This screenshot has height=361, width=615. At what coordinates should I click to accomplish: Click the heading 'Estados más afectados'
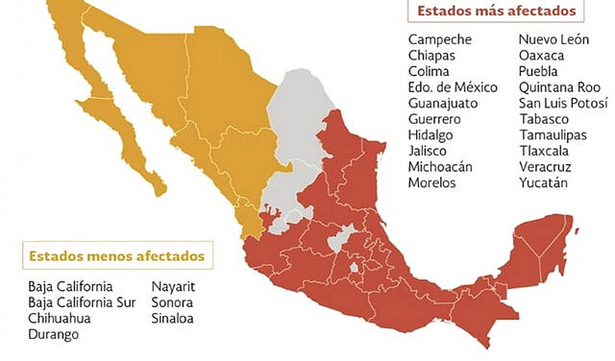point(496,12)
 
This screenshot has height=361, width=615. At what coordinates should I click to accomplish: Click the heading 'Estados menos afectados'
point(116,256)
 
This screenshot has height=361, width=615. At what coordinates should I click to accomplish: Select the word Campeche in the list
point(440,39)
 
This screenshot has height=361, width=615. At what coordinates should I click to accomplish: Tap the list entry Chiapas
point(432,56)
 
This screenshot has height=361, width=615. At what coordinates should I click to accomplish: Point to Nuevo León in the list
point(555,39)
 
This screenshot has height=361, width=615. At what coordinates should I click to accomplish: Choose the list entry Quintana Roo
point(559,87)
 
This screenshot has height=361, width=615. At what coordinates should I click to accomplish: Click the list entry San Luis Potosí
point(563,103)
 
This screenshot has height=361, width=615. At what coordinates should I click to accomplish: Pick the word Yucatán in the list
point(544,182)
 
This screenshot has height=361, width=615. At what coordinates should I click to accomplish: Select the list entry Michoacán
point(440,166)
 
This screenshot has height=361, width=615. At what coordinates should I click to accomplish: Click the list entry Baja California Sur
point(83,302)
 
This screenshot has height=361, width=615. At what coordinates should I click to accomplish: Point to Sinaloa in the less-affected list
point(172,318)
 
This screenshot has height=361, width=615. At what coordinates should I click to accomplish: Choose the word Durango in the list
point(54,334)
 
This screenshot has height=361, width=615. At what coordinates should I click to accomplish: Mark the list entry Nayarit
point(173,286)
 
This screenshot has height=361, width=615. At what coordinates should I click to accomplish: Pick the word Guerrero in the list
point(435,119)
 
